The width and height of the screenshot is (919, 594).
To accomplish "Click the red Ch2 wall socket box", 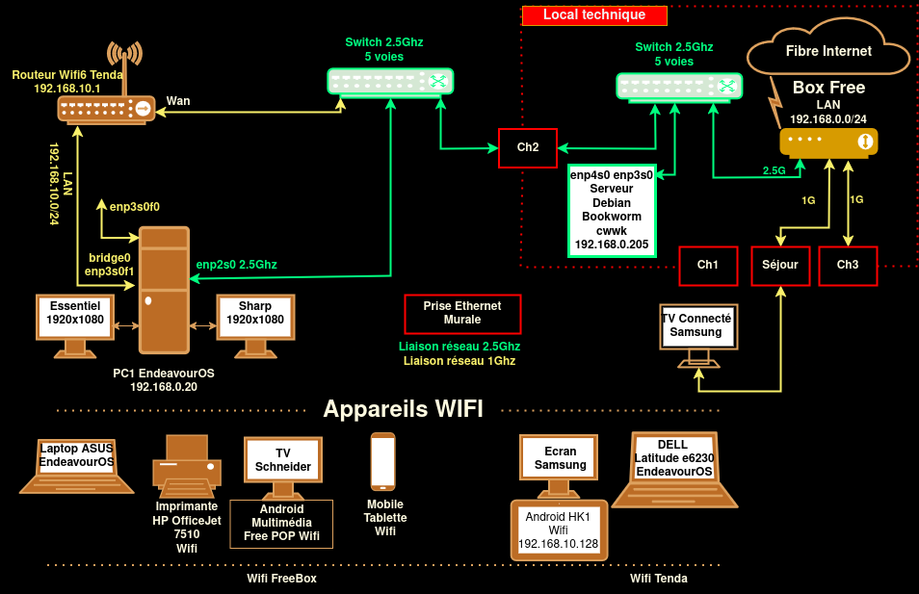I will (x=528, y=147).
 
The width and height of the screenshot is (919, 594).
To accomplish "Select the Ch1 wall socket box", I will (x=708, y=266).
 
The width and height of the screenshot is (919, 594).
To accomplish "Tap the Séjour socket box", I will (x=780, y=266).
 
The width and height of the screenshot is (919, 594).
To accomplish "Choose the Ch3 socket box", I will (x=848, y=266).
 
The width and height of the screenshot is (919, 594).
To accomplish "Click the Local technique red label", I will (x=594, y=15).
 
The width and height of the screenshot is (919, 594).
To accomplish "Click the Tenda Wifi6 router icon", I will (x=105, y=109).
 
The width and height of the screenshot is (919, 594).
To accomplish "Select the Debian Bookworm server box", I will (x=612, y=210).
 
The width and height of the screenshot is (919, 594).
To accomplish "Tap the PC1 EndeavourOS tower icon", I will (x=164, y=289).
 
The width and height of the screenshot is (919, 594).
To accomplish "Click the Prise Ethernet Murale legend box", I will (x=462, y=313).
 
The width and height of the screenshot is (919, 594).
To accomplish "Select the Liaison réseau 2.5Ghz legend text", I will (x=459, y=347).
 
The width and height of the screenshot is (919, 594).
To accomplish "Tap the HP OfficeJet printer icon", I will (x=187, y=462).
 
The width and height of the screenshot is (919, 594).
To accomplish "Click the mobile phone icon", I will (x=383, y=462).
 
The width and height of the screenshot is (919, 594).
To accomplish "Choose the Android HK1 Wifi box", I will (x=559, y=529).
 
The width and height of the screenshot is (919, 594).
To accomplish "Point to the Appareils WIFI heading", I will (x=403, y=409).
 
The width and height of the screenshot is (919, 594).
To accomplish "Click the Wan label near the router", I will (x=178, y=100).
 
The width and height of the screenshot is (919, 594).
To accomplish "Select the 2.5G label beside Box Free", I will (x=775, y=170).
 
